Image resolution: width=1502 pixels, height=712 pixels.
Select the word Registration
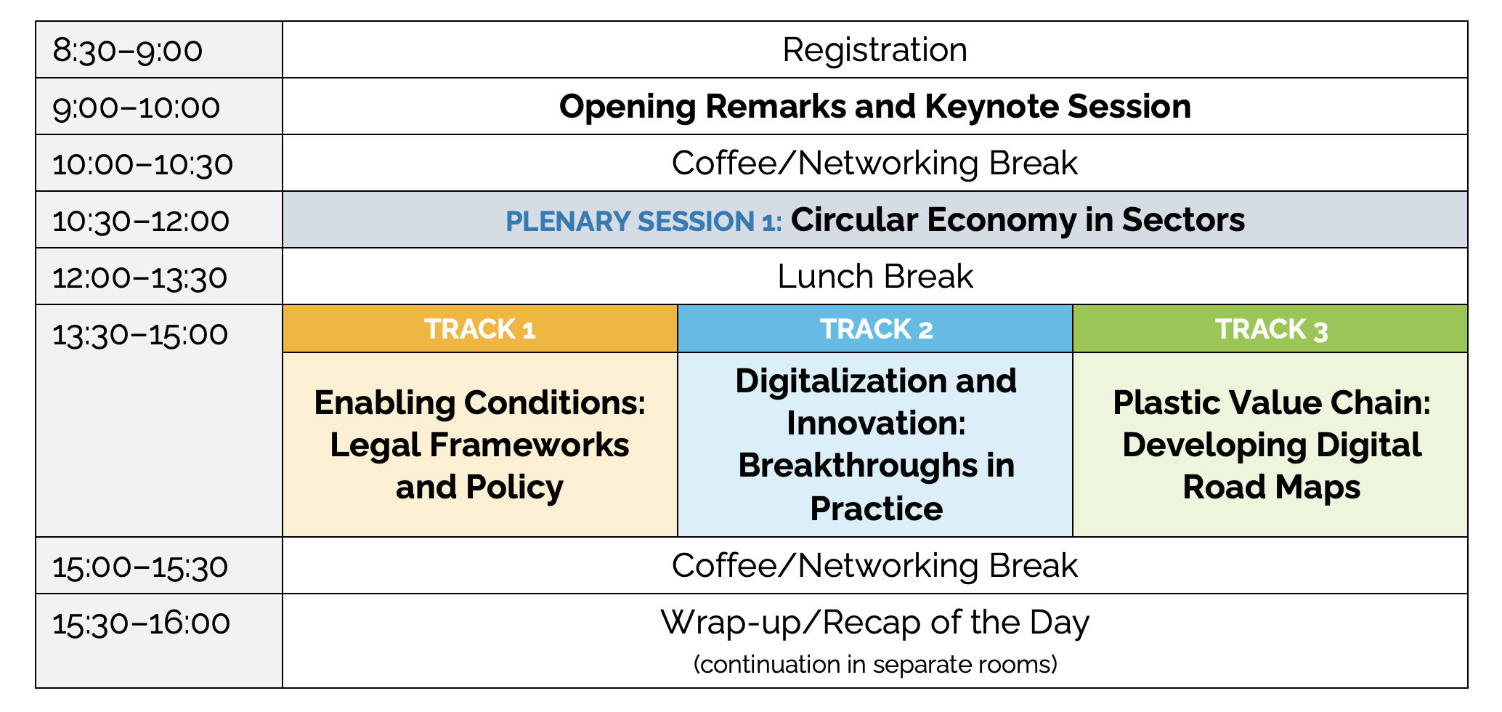(874, 50)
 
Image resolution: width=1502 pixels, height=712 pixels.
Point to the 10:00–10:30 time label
(143, 164)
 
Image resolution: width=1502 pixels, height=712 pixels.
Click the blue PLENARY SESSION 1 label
(644, 221)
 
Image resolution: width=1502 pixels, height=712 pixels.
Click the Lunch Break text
(874, 277)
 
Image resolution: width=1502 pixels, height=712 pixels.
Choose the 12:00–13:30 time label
(140, 278)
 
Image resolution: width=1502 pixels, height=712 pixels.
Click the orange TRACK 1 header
(480, 329)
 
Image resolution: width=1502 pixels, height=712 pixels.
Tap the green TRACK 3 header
(1271, 329)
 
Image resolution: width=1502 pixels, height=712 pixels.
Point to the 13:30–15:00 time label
(140, 335)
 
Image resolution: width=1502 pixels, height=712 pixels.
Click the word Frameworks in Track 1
(529, 445)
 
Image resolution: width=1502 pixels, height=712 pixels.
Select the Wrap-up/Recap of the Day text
(874, 623)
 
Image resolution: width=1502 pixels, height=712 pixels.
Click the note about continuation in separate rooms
(875, 664)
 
